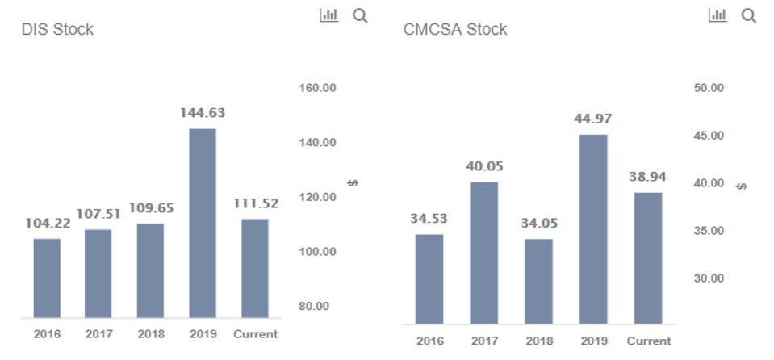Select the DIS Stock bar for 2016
click(47, 278)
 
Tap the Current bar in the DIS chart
click(255, 268)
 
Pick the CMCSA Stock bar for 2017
click(484, 253)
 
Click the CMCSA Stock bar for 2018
click(539, 281)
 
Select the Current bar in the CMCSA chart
click(648, 257)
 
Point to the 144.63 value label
click(203, 113)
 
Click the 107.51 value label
click(98, 214)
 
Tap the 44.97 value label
click(593, 119)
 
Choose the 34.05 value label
click(539, 223)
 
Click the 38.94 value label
click(648, 177)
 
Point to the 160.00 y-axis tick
click(318, 88)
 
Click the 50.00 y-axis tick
click(709, 87)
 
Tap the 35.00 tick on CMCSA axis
click(709, 231)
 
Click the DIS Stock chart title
click(57, 29)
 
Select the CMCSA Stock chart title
click(455, 29)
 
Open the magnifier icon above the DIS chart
click(360, 15)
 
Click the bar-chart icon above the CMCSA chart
click(718, 15)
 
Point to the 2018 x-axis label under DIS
click(151, 333)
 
